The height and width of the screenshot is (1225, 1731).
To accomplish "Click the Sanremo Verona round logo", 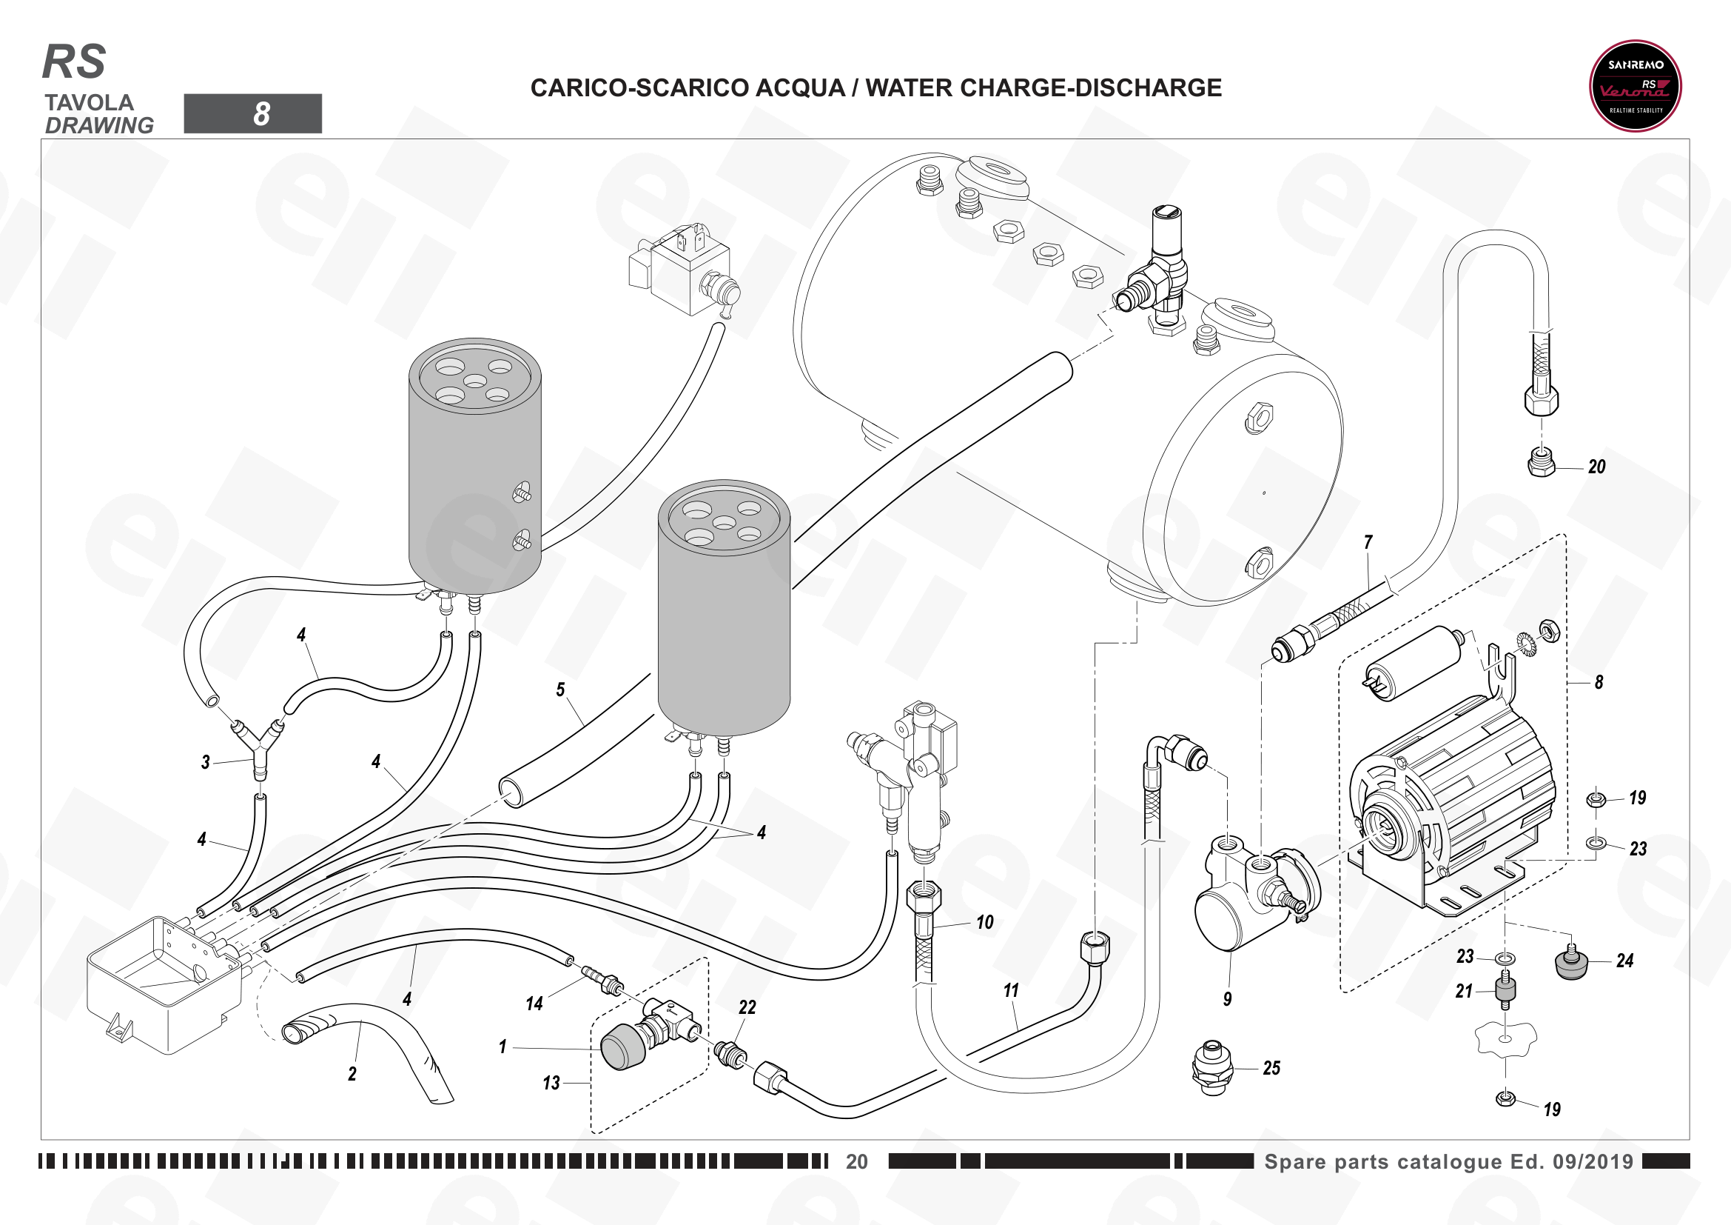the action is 1636,86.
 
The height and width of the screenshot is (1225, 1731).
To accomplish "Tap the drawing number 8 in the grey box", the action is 261,114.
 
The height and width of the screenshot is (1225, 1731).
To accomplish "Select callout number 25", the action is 1271,1068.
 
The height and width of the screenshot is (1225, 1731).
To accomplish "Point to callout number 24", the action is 1624,961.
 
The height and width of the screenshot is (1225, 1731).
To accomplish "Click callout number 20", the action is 1597,467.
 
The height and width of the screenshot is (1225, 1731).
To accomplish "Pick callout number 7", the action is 1368,541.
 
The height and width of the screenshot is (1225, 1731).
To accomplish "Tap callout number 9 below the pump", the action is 1227,998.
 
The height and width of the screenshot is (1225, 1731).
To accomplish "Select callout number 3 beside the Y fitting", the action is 205,762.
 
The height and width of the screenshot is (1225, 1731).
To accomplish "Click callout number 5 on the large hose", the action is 560,690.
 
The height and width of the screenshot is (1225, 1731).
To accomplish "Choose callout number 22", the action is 747,1007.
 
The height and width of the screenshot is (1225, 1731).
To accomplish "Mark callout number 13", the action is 551,1084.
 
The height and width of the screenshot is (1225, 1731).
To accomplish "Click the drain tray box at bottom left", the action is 164,984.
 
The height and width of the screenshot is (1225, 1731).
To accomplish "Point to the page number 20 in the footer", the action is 856,1161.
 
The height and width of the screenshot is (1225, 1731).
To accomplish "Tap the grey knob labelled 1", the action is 622,1047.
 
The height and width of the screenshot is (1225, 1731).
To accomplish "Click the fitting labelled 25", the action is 1213,1067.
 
